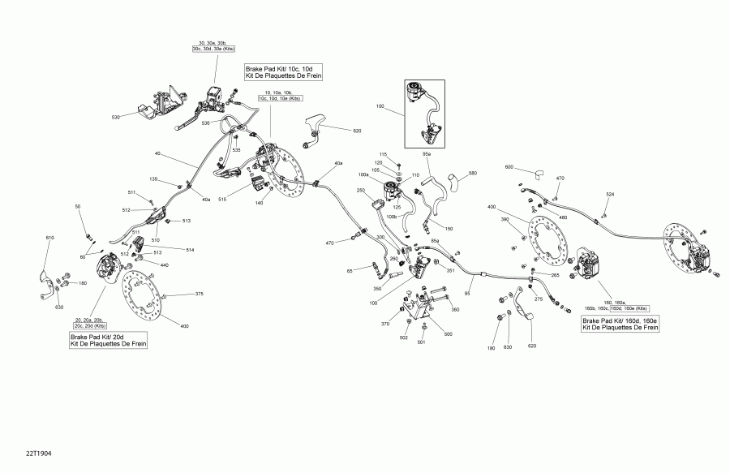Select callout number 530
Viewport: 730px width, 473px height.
click(116, 118)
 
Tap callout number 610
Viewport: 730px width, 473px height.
click(49, 238)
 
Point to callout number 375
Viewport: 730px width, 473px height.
click(199, 294)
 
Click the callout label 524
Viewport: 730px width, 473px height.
click(610, 194)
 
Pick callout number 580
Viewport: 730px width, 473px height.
click(473, 173)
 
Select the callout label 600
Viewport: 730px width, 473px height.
click(509, 167)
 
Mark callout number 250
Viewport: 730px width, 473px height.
click(361, 191)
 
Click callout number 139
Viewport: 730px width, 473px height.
click(153, 178)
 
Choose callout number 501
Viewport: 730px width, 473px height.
click(421, 342)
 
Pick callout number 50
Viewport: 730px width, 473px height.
click(78, 208)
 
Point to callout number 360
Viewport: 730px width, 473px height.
click(454, 309)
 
